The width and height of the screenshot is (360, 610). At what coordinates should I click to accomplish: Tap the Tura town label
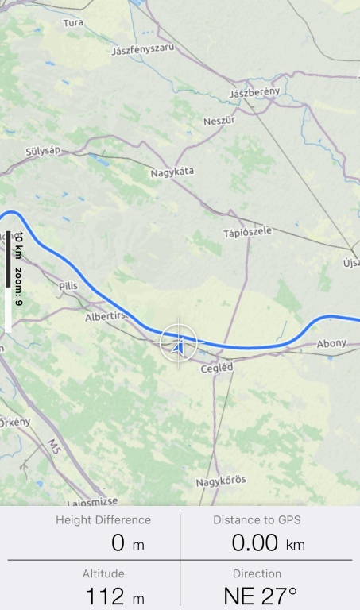(x=73, y=23)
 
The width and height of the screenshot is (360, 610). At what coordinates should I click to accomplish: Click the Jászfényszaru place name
(x=143, y=50)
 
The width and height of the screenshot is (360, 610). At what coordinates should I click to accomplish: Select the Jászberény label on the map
(x=254, y=93)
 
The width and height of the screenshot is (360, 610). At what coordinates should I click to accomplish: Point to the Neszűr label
(x=219, y=121)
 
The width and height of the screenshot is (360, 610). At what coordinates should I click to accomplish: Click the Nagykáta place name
(x=172, y=172)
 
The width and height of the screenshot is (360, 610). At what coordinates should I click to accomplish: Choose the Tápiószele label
(x=247, y=231)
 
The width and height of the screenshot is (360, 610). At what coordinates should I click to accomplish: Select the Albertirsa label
(x=106, y=317)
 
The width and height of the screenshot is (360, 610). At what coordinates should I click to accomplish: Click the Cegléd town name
(x=216, y=369)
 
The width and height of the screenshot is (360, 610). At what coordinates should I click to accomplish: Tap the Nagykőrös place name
(x=221, y=481)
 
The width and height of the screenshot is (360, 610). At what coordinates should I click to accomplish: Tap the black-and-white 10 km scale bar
(x=8, y=282)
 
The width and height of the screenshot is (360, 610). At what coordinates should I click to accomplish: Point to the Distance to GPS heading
(x=257, y=520)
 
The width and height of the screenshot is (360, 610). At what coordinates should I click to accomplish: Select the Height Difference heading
(x=103, y=520)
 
